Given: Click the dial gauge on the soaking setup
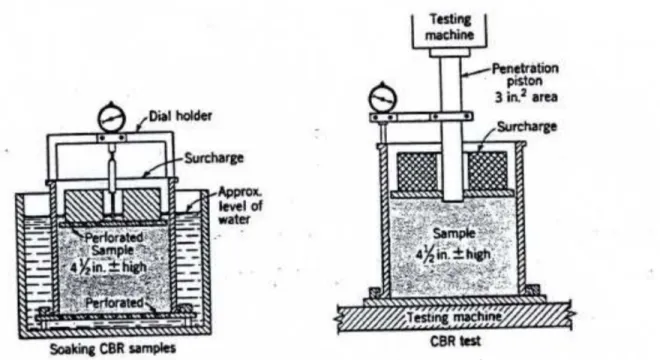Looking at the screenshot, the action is [x=112, y=118].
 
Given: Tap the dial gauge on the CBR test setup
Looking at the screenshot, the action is [x=383, y=97].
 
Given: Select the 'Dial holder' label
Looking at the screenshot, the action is [x=181, y=116].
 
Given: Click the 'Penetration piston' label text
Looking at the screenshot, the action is [x=525, y=74].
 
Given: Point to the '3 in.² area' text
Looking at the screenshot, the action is [x=526, y=96].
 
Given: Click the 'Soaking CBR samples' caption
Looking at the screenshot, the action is [x=113, y=349].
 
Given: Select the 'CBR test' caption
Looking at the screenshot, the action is [x=455, y=340].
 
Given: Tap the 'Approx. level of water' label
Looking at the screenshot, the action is [x=240, y=205].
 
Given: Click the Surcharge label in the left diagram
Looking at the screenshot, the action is [x=214, y=158].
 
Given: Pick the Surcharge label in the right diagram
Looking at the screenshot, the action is [x=527, y=126].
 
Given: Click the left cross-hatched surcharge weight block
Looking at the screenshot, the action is [x=418, y=171].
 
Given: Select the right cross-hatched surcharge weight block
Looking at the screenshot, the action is [x=487, y=171].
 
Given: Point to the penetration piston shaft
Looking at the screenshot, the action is [x=452, y=126].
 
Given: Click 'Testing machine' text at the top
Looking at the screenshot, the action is [x=450, y=27].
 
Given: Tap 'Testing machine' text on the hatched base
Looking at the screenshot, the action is [x=455, y=316].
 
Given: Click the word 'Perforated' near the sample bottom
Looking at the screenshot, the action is [x=114, y=303].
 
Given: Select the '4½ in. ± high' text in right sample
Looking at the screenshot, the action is [x=453, y=254].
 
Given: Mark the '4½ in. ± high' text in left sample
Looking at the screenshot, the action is [x=109, y=267].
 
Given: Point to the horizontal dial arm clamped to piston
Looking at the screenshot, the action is [x=421, y=117].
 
